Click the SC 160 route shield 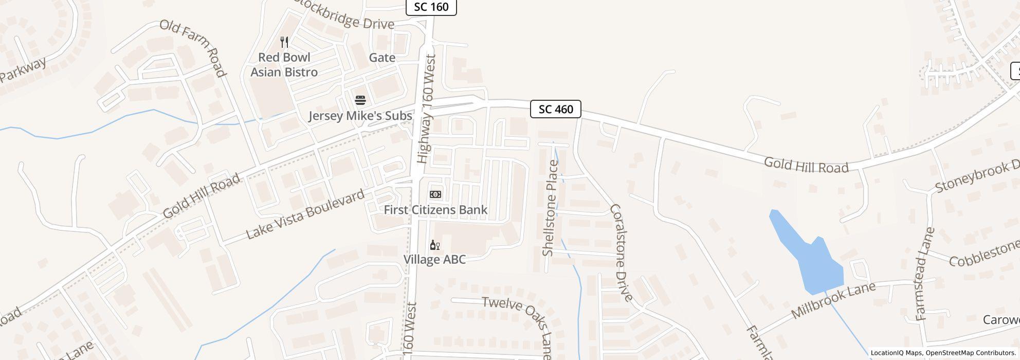(x=431, y=7)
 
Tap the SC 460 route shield (x=555, y=109)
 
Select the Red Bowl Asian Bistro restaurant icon (x=284, y=42)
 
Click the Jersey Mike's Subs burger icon (x=360, y=100)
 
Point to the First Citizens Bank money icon (x=435, y=194)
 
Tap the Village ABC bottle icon (x=435, y=245)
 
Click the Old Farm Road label (x=193, y=48)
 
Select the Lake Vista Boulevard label (x=305, y=214)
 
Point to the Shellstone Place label (x=550, y=208)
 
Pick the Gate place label (x=382, y=58)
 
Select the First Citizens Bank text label (x=435, y=210)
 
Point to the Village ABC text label (x=434, y=259)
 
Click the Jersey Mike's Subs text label (x=360, y=116)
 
